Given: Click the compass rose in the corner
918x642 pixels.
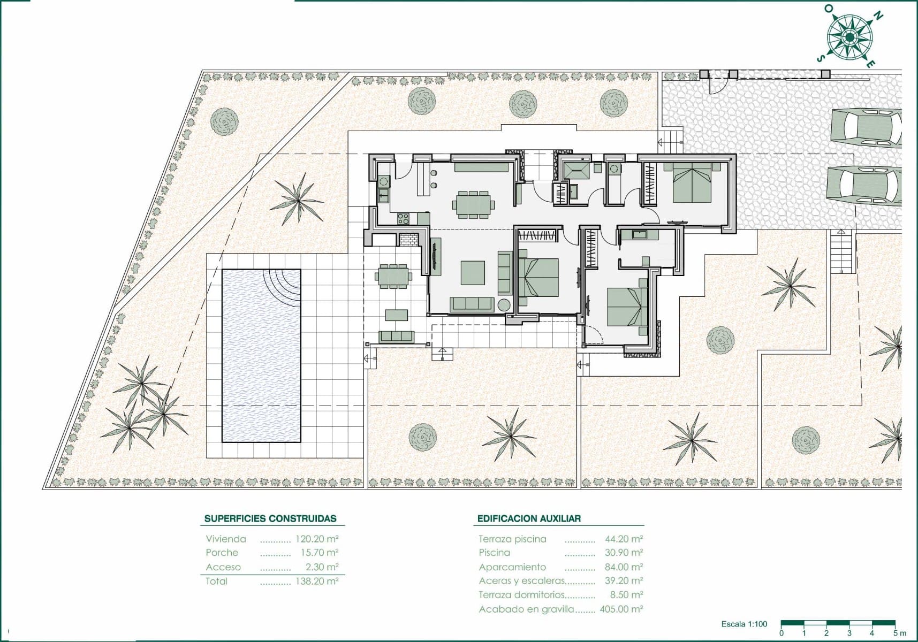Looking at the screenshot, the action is (849, 36).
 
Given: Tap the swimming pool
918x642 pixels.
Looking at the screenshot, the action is (261, 356).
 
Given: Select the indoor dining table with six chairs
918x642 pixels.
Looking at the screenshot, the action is (473, 204).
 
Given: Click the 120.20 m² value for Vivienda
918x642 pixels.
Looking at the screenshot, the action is (317, 539).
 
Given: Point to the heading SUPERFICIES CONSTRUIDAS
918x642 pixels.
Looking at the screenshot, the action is (270, 518).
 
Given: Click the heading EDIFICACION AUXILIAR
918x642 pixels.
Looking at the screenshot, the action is (529, 518).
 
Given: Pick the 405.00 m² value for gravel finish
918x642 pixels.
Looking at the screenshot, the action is (621, 609).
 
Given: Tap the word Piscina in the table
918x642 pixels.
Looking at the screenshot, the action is (495, 553).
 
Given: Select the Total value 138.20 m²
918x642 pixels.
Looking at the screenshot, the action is (317, 581).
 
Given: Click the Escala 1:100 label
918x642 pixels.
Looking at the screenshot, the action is (744, 624).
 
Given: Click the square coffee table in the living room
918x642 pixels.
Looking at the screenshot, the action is (473, 272).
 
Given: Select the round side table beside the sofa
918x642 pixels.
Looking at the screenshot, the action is (504, 305).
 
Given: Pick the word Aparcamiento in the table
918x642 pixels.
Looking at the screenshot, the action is (512, 567).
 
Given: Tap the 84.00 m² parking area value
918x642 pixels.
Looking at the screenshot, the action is (624, 567).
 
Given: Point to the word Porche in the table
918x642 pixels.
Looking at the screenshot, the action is (222, 553).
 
